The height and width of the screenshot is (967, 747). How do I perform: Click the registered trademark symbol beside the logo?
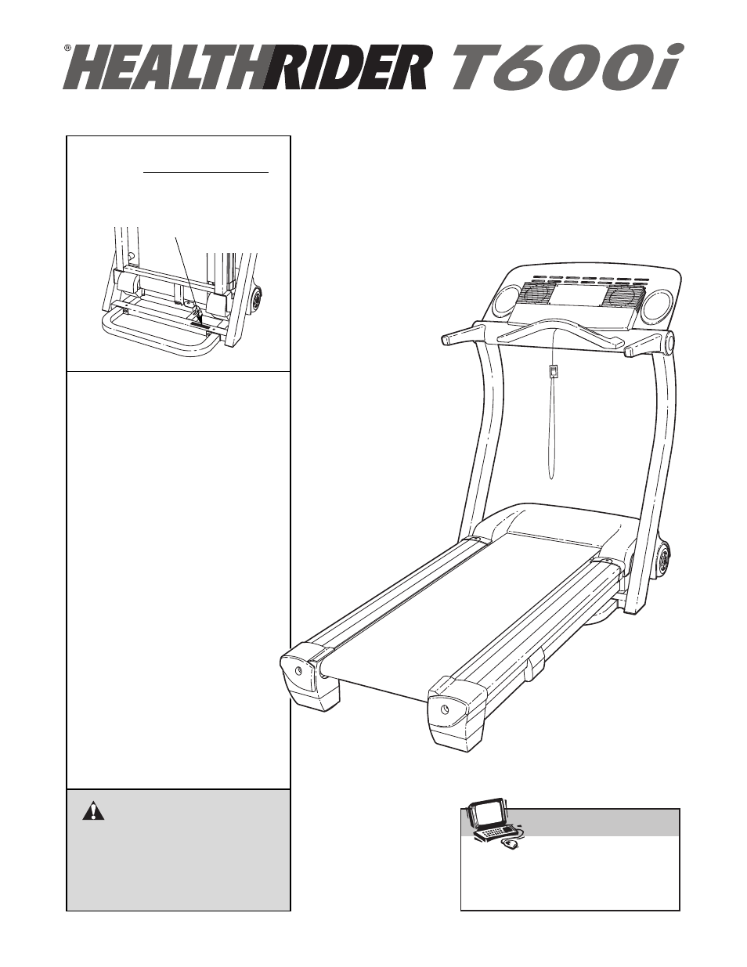[68, 49]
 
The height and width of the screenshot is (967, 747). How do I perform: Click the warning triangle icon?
[93, 810]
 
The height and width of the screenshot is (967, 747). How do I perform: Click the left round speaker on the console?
[507, 301]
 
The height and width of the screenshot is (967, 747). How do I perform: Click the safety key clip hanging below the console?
[554, 371]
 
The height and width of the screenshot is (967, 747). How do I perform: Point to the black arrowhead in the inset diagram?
[197, 318]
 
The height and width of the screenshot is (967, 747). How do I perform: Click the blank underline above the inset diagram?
[206, 170]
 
